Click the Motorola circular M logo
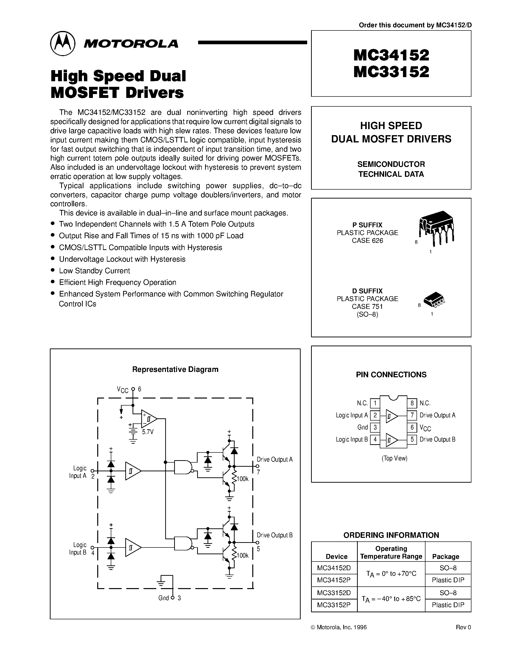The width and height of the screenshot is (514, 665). [62, 43]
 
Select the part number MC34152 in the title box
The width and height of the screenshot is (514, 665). [391, 55]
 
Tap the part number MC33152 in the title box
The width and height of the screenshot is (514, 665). [391, 72]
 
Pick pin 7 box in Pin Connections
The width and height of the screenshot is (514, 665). [412, 415]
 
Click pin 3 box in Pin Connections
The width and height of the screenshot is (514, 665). [375, 428]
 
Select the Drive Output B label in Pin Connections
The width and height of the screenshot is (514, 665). [437, 440]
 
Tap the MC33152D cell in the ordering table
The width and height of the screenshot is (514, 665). [334, 593]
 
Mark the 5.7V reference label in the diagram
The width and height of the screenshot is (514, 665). [148, 432]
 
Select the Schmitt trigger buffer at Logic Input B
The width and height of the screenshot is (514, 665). [133, 547]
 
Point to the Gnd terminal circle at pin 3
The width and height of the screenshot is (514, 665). [173, 598]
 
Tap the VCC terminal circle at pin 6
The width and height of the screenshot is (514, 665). [133, 389]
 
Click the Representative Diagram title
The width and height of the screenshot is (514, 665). [175, 369]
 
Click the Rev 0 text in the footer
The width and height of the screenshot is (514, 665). [463, 627]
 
